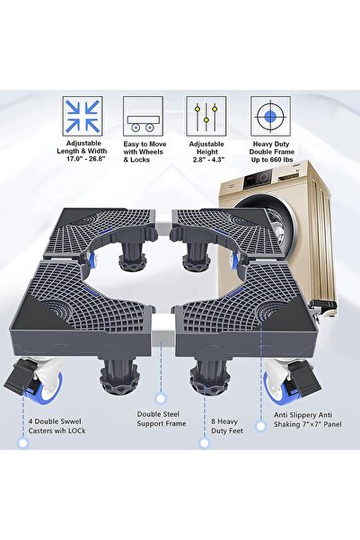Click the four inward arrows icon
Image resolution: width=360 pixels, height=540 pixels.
pyautogui.click(x=83, y=116)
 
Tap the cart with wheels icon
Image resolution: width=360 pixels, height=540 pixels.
pyautogui.click(x=143, y=116)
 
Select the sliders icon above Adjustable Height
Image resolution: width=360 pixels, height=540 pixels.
pyautogui.click(x=206, y=116)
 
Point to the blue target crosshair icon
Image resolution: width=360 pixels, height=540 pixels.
pyautogui.click(x=270, y=116)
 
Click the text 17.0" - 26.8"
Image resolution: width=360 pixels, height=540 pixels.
pyautogui.click(x=85, y=159)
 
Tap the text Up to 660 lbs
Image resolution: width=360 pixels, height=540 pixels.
pyautogui.click(x=272, y=159)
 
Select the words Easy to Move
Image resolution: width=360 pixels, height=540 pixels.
pyautogui.click(x=145, y=144)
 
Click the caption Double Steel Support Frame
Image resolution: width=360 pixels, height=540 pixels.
pyautogui.click(x=162, y=419)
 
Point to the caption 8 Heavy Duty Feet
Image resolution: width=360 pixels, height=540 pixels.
pyautogui.click(x=227, y=426)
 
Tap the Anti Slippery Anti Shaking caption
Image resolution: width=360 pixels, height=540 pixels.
pyautogui.click(x=308, y=420)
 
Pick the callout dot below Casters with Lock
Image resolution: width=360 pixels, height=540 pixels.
pyautogui.click(x=23, y=443)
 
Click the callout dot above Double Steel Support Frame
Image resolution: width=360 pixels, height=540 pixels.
pyautogui.click(x=161, y=399)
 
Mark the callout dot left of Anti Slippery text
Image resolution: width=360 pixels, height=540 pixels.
pyautogui.click(x=261, y=426)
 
